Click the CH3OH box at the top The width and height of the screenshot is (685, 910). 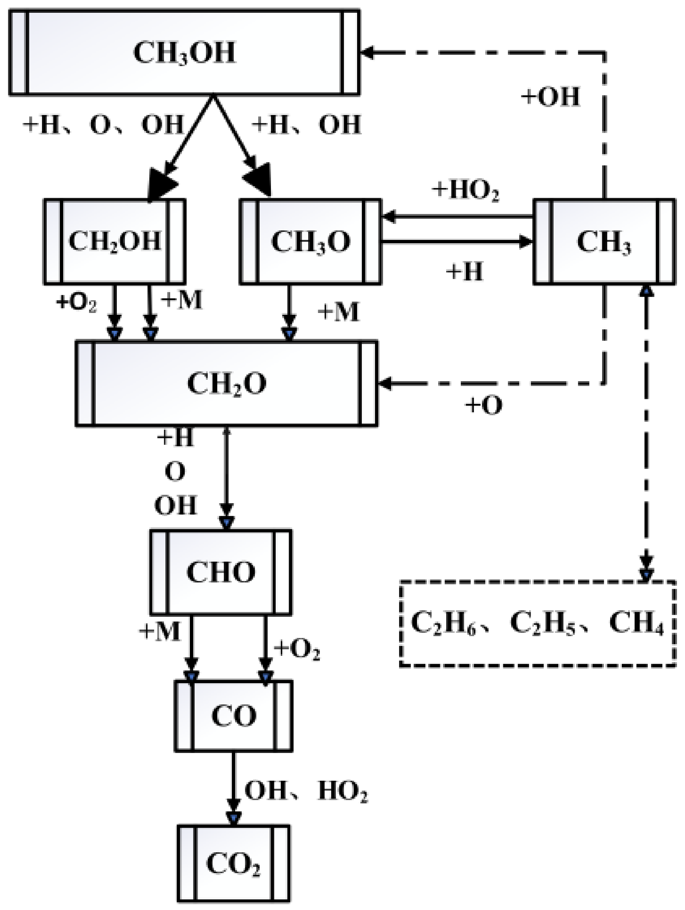coord(184,53)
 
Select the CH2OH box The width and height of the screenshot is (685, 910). coord(114,241)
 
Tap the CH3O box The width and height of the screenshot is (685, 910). coord(310,241)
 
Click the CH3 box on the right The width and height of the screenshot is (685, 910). coord(604,241)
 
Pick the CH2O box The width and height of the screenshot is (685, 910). coord(226,383)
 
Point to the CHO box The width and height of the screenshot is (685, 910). coord(221,572)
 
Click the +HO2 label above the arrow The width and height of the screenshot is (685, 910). coord(465,191)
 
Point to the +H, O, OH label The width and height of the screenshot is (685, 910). coord(103,125)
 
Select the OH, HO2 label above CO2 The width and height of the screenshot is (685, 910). coord(305,791)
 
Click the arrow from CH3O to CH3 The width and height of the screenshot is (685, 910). coord(457,241)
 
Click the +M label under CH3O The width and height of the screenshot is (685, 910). coord(338,312)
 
